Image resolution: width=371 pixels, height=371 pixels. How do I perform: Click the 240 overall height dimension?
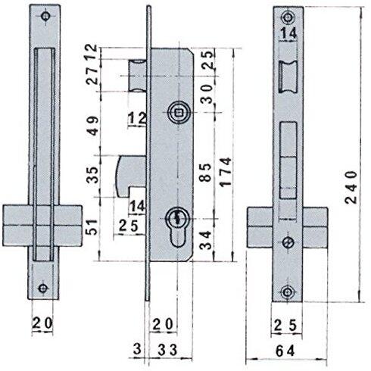click(x=351, y=187)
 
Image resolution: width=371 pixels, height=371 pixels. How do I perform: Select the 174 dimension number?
click(x=226, y=172)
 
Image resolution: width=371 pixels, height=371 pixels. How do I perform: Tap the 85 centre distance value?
click(x=205, y=173)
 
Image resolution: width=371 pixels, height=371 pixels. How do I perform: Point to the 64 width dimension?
click(x=285, y=351)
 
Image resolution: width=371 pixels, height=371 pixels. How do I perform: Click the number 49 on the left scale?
click(x=92, y=126)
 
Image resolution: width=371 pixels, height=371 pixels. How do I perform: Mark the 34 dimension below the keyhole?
click(x=205, y=240)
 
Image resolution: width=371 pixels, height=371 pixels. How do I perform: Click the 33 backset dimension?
click(x=167, y=350)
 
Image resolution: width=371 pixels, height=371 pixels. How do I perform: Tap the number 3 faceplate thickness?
click(x=137, y=350)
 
